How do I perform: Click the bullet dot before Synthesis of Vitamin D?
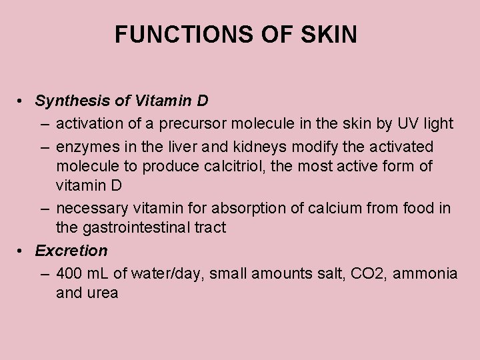tap(22, 101)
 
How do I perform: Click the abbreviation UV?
tap(407, 123)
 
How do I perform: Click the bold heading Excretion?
tap(71, 251)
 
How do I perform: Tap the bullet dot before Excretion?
tap(22, 251)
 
